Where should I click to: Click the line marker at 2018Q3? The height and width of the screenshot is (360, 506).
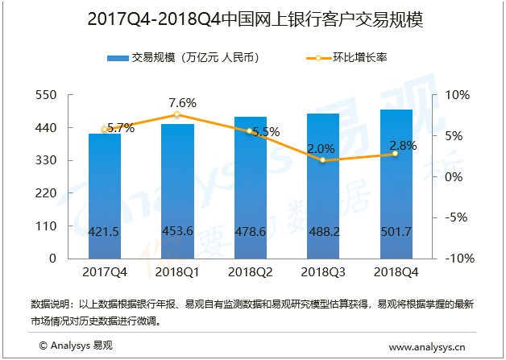pyautogui.click(x=323, y=160)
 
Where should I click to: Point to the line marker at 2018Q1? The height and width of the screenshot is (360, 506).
pyautogui.click(x=177, y=114)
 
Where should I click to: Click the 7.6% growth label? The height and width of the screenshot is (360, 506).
pyautogui.click(x=182, y=102)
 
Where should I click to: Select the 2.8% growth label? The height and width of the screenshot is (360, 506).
pyautogui.click(x=402, y=146)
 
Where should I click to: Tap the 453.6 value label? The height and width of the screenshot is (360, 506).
pyautogui.click(x=177, y=232)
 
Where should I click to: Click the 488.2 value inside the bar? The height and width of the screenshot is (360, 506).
pyautogui.click(x=323, y=232)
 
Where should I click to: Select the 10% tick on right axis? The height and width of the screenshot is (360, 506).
pyautogui.click(x=456, y=95)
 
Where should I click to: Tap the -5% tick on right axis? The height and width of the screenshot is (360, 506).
pyautogui.click(x=456, y=217)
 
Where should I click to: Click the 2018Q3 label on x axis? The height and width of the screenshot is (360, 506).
pyautogui.click(x=323, y=272)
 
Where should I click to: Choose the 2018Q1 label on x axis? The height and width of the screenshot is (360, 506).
pyautogui.click(x=177, y=272)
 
